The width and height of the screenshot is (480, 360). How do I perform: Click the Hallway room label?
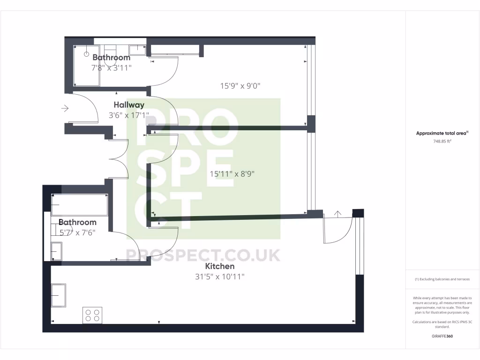[129, 105]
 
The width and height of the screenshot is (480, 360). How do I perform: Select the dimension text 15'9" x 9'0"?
[240, 86]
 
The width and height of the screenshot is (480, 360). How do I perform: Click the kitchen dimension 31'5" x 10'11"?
[220, 277]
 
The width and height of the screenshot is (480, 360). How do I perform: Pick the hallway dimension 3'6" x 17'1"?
[129, 115]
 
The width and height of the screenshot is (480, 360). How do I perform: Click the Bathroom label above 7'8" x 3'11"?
[111, 58]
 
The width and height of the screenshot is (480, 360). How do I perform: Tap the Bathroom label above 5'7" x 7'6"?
[77, 222]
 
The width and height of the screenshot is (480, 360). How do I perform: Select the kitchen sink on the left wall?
[59, 295]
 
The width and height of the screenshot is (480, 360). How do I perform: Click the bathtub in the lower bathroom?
[80, 205]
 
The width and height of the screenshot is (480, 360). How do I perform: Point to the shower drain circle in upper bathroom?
[86, 54]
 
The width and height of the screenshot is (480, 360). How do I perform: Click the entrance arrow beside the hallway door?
[65, 109]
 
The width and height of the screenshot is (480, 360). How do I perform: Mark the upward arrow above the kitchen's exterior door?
[337, 213]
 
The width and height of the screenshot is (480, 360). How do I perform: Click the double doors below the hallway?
[119, 158]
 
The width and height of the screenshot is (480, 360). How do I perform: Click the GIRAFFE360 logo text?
[442, 336]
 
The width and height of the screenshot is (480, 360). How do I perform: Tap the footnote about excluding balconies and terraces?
[442, 279]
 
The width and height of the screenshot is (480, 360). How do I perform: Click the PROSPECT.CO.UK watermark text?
[203, 255]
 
